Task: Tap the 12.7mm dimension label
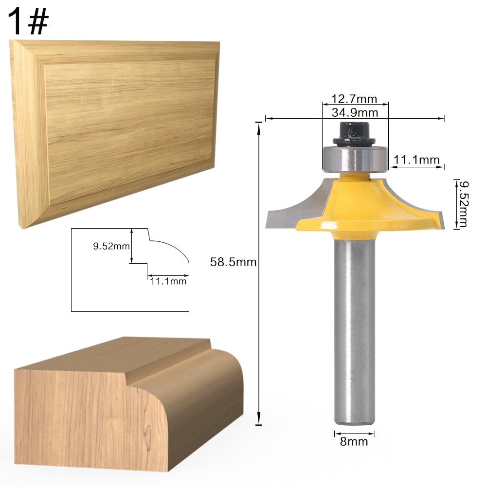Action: coord(354,99)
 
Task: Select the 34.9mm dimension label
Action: coord(354,113)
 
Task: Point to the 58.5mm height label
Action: coord(233,262)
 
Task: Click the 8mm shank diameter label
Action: coord(355,442)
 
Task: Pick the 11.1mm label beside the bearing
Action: coord(416,160)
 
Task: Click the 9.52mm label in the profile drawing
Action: coord(110,246)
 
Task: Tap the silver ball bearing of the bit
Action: coord(355,158)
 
